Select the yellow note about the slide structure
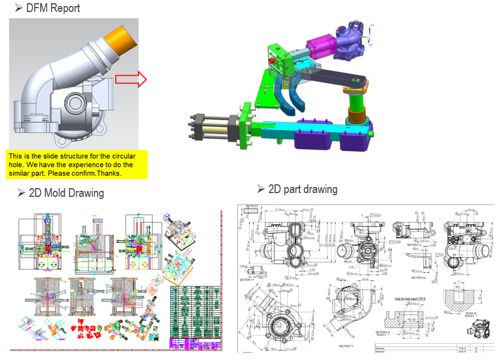point(77,165)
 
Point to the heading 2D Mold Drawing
point(66,193)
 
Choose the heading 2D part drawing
point(303,189)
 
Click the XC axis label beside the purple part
point(372,26)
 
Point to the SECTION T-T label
point(349,346)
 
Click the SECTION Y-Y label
point(249,280)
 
